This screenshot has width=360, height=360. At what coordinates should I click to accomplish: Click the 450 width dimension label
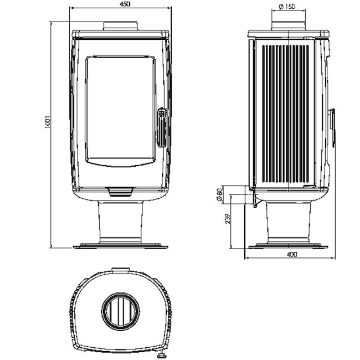(125, 4)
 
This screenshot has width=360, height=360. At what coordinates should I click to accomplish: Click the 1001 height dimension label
(47, 122)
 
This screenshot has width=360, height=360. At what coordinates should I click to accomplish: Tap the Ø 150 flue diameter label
(287, 7)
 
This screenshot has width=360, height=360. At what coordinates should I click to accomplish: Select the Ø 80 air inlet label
(220, 195)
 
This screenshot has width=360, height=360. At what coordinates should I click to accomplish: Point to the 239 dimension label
(228, 219)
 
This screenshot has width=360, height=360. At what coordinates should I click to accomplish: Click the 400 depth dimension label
(292, 254)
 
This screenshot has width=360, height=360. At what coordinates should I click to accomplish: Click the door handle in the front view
(161, 127)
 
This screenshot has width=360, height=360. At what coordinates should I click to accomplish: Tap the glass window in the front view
(120, 108)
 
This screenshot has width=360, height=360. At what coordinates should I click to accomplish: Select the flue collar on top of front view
(121, 25)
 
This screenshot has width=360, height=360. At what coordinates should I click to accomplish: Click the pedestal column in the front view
(120, 221)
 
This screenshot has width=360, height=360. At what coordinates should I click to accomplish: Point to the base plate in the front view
(121, 246)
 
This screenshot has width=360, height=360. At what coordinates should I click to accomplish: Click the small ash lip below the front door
(121, 192)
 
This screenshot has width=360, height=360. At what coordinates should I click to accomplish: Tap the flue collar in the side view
(289, 25)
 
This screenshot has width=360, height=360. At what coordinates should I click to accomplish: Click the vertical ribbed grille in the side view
(286, 114)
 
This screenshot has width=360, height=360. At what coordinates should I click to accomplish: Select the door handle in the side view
(332, 127)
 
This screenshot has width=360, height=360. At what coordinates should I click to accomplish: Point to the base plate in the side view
(289, 246)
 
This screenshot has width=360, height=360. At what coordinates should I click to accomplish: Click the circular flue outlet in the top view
(121, 311)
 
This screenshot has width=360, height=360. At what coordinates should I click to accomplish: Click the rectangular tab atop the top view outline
(121, 270)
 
